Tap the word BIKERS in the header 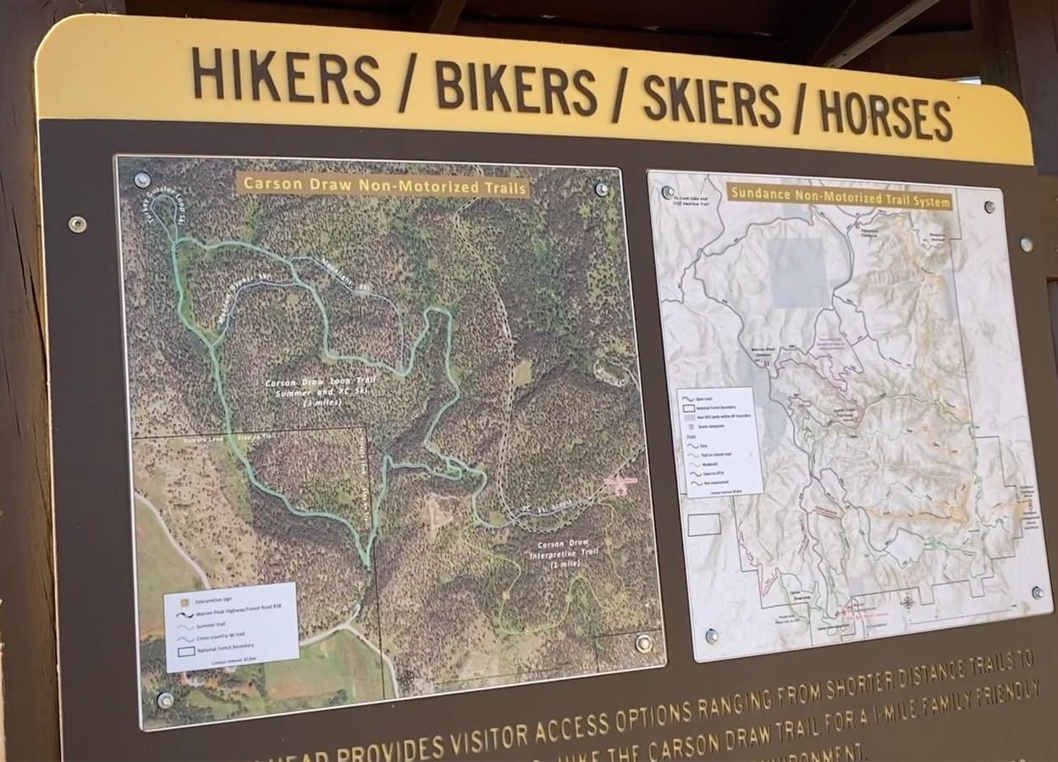point(516,88)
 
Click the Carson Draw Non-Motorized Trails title point(383,186)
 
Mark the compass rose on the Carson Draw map point(408,677)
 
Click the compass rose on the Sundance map point(907,602)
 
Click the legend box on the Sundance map point(719,440)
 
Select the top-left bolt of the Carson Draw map point(142,179)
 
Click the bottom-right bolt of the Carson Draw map point(643,643)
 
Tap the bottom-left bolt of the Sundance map point(712,635)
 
